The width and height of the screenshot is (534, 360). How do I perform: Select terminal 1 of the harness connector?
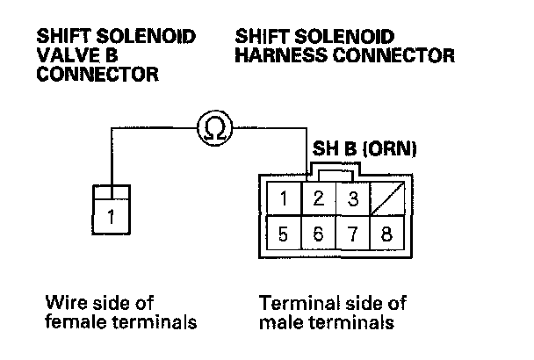click(x=284, y=199)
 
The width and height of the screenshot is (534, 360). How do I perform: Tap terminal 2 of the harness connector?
click(x=319, y=199)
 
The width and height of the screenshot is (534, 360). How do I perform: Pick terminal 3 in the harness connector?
click(x=353, y=199)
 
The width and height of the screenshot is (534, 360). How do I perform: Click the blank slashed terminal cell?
click(x=387, y=199)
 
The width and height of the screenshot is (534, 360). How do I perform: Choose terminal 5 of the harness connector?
click(x=284, y=234)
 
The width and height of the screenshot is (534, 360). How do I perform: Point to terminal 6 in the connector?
click(x=319, y=234)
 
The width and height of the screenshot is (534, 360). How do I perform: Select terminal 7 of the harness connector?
click(x=353, y=234)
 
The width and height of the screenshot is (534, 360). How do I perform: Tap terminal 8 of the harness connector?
click(x=387, y=234)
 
